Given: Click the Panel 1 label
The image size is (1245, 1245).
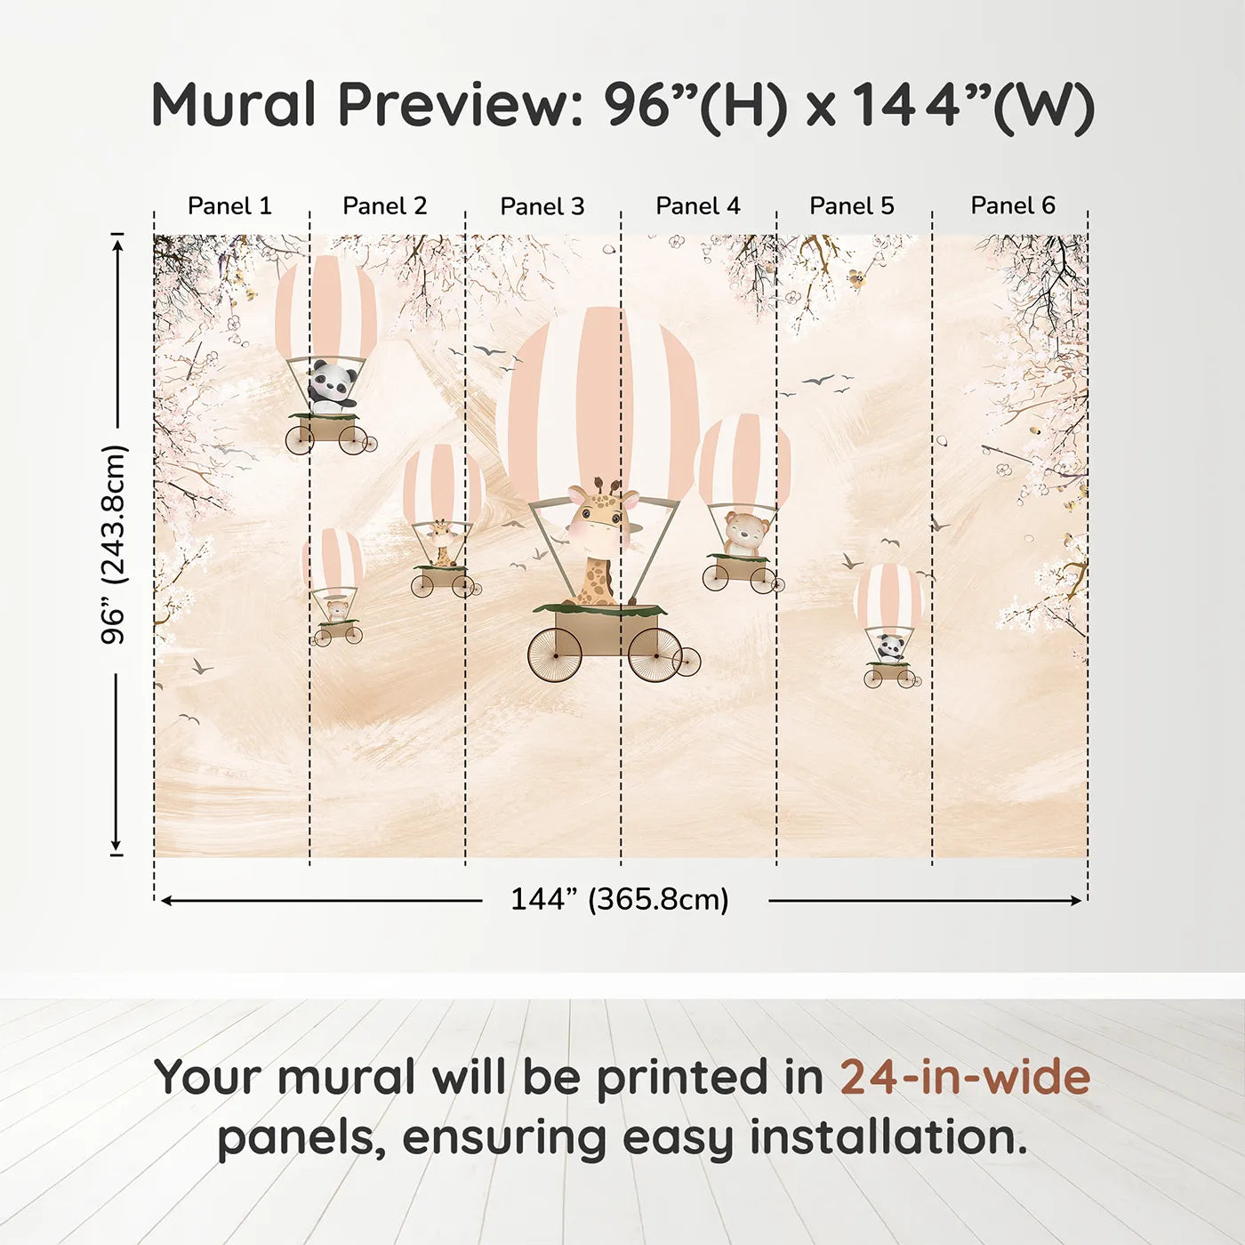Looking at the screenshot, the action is click(229, 205).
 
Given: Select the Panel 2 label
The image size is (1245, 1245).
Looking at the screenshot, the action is click(384, 205).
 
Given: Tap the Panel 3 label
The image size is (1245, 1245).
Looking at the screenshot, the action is click(542, 206).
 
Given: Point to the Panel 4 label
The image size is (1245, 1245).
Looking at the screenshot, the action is click(698, 205).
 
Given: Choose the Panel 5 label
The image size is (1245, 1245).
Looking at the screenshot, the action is click(852, 205).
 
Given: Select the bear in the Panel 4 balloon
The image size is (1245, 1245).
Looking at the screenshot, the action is click(745, 534).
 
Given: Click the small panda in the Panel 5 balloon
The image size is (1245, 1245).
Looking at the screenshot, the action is click(890, 647).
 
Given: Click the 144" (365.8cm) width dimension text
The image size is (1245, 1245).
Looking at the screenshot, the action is click(619, 899).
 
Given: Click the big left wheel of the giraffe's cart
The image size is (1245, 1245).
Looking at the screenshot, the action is click(556, 655).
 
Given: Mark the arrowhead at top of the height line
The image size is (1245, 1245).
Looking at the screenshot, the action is click(116, 244).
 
